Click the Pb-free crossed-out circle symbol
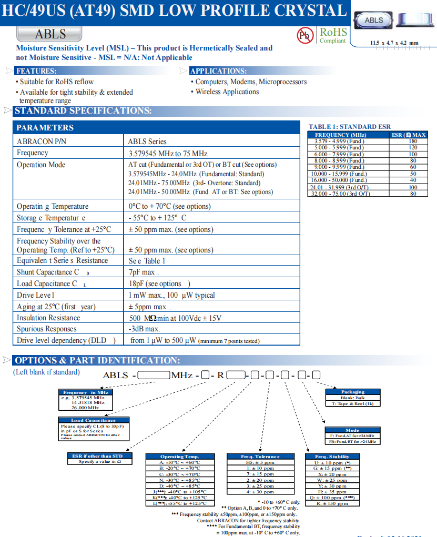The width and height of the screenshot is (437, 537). (305, 36)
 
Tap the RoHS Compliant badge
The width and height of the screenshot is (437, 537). (333, 35)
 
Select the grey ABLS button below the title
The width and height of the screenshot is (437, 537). (50, 34)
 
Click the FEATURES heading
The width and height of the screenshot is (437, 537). (36, 71)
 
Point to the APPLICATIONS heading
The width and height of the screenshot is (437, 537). (218, 71)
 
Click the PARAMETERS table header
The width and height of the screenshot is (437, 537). (45, 128)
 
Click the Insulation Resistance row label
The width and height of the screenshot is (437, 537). (48, 318)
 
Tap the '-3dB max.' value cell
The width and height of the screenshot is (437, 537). (145, 329)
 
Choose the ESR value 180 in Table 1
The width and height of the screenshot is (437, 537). (413, 141)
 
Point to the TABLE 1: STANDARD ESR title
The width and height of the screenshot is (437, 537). (350, 127)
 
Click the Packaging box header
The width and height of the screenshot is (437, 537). (352, 392)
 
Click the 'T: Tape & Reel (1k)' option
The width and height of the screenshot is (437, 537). (352, 403)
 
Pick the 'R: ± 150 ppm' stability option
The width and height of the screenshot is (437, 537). (332, 503)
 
